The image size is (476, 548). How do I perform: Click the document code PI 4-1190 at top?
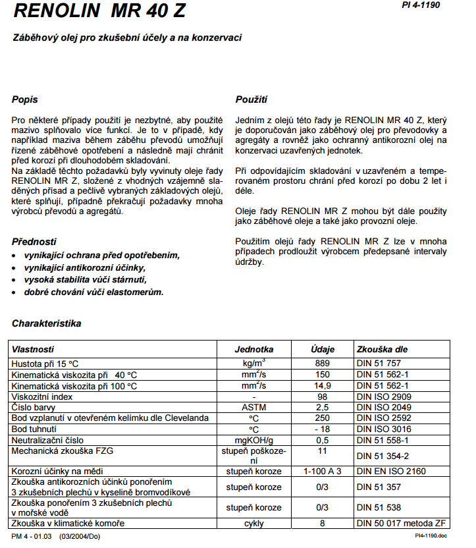point(421,5)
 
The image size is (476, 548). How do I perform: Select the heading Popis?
point(25,100)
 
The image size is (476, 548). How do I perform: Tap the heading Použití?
point(251,100)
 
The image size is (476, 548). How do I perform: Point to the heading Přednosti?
point(34,242)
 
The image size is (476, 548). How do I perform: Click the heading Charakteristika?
point(46,324)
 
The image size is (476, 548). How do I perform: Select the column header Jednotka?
point(253,349)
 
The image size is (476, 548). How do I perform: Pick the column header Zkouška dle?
point(383,349)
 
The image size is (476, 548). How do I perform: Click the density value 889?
point(323,364)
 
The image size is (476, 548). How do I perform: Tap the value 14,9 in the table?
point(323,385)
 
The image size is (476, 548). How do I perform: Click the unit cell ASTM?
point(253,407)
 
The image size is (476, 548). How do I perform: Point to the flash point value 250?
point(323,418)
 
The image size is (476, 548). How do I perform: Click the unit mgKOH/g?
point(253,440)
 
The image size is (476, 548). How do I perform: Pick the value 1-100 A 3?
point(323,472)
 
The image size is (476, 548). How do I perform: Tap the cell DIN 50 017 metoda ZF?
point(400,524)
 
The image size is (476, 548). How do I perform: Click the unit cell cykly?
point(253,524)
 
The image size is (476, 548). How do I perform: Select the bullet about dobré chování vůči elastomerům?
point(93,292)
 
